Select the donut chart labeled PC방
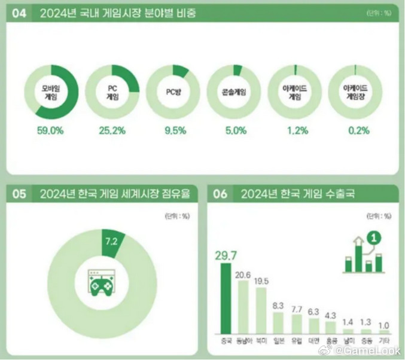click(172, 92)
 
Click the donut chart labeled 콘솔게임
click(234, 92)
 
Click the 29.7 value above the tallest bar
click(226, 256)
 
